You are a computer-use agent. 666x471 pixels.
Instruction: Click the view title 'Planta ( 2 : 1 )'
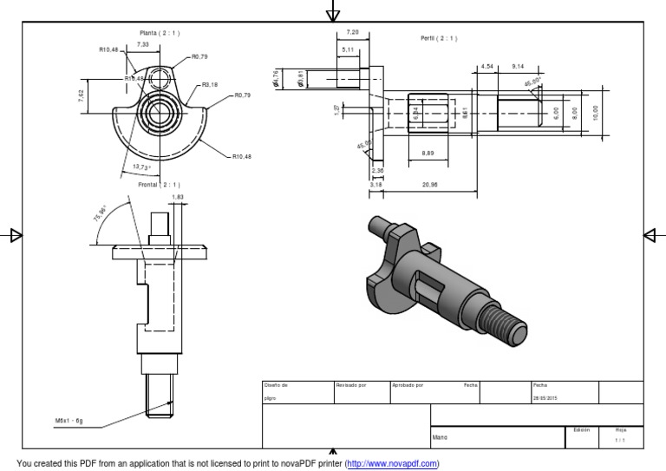tap(160, 33)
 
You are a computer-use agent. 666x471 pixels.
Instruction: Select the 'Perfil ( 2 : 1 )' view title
tap(438, 38)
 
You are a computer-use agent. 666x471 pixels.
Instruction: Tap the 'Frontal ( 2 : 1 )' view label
tap(160, 185)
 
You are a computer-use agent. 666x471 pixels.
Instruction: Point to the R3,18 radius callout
tap(211, 85)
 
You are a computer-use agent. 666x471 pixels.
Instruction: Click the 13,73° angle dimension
tap(141, 167)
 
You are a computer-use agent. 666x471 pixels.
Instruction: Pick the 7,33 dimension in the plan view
tap(142, 44)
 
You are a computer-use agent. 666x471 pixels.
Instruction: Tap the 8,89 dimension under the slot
tap(428, 153)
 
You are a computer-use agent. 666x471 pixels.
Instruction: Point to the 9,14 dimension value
tap(519, 66)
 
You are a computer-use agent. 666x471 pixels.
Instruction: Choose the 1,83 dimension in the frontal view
tap(178, 197)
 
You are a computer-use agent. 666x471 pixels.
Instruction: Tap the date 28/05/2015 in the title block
tap(546, 399)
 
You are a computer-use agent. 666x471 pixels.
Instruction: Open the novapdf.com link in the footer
tap(392, 463)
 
